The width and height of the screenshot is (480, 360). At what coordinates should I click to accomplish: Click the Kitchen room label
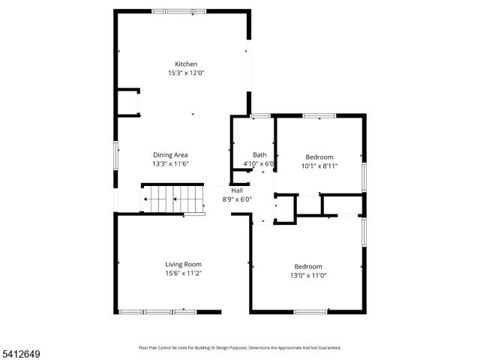pyautogui.click(x=186, y=64)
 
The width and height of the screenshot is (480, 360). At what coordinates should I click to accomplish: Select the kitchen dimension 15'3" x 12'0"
pyautogui.click(x=186, y=73)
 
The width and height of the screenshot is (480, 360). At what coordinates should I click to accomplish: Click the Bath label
pyautogui.click(x=259, y=155)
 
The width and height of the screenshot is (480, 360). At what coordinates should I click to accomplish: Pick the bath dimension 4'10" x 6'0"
pyautogui.click(x=259, y=164)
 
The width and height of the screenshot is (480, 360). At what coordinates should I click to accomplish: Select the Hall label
pyautogui.click(x=236, y=190)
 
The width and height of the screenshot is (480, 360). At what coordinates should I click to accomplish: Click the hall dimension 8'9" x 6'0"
pyautogui.click(x=236, y=199)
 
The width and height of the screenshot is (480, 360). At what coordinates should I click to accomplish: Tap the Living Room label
pyautogui.click(x=183, y=264)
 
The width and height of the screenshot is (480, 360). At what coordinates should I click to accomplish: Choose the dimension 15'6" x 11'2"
pyautogui.click(x=183, y=273)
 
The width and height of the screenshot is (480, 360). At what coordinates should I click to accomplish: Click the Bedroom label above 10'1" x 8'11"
pyautogui.click(x=319, y=157)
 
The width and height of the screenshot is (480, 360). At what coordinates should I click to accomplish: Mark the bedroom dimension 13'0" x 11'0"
pyautogui.click(x=307, y=276)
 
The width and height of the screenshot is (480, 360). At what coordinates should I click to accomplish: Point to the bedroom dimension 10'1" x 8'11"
pyautogui.click(x=319, y=166)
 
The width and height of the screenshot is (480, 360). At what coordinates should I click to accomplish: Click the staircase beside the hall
pyautogui.click(x=173, y=199)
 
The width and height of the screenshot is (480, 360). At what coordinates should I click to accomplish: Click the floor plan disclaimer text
pyautogui.click(x=240, y=348)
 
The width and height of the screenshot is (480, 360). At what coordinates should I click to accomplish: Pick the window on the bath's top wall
pyautogui.click(x=260, y=115)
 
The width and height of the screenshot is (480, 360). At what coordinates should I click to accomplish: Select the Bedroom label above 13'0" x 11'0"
pyautogui.click(x=307, y=267)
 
